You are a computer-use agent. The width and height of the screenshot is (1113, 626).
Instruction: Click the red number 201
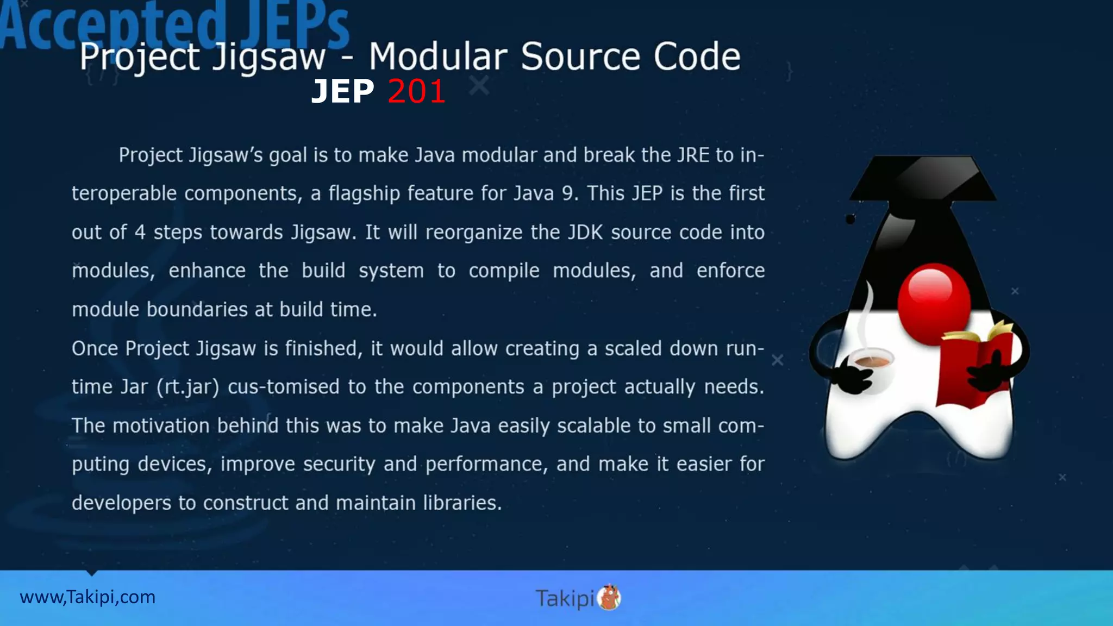417,91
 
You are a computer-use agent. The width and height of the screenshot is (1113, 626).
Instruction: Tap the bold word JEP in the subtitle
343,91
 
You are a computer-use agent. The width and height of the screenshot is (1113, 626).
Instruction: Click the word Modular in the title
438,57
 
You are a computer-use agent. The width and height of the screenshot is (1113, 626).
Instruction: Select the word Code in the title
697,57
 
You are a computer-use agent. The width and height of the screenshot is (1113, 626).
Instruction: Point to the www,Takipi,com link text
87,597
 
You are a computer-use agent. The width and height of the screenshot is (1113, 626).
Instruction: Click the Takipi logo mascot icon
609,598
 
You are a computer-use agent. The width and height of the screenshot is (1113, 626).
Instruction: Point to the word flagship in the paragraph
364,194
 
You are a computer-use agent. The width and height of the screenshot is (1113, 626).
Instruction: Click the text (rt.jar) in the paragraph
188,387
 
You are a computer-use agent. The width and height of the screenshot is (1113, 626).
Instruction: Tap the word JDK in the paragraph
585,233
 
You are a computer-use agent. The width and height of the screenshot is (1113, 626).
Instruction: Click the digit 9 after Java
567,194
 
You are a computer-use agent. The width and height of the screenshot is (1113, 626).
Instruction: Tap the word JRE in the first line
693,155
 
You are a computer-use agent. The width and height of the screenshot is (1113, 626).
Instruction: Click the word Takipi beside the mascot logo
565,598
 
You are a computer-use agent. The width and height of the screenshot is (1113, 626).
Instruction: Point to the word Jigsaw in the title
269,58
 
